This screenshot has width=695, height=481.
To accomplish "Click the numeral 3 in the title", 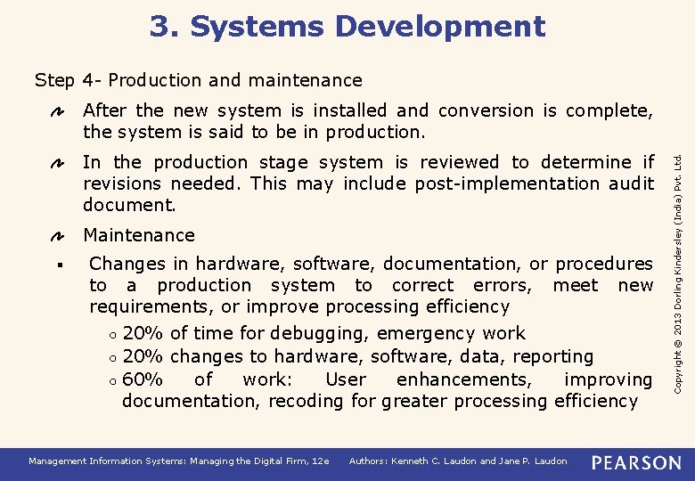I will tap(160, 27).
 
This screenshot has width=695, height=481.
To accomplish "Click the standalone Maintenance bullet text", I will tap(138, 235).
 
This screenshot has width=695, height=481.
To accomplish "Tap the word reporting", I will tap(553, 356).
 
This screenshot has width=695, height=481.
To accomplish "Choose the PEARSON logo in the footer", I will tap(636, 462).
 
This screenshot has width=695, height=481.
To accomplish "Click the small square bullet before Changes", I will tap(55, 265).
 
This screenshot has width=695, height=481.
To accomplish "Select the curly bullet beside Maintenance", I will tap(55, 236).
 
